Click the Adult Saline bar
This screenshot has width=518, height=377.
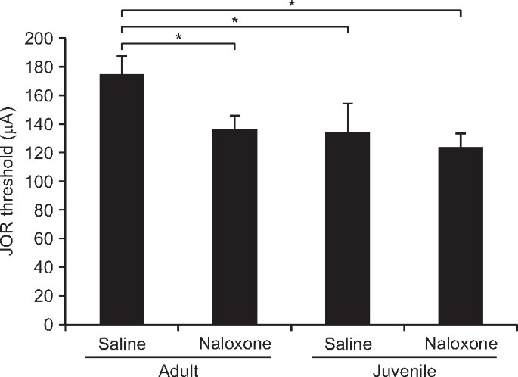coord(122,200)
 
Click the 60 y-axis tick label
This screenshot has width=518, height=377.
coord(45,239)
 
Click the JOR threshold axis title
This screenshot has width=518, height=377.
coord(13,182)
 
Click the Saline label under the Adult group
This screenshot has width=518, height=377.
coord(122,344)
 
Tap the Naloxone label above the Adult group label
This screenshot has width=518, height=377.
coord(234,344)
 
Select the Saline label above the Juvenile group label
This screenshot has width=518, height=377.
coord(347,344)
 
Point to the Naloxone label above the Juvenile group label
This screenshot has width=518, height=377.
coord(460,344)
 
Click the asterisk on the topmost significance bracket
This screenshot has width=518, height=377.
coord(292,5)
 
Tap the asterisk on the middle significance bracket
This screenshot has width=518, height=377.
coord(234,20)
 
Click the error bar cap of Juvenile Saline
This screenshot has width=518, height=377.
coord(347,104)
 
